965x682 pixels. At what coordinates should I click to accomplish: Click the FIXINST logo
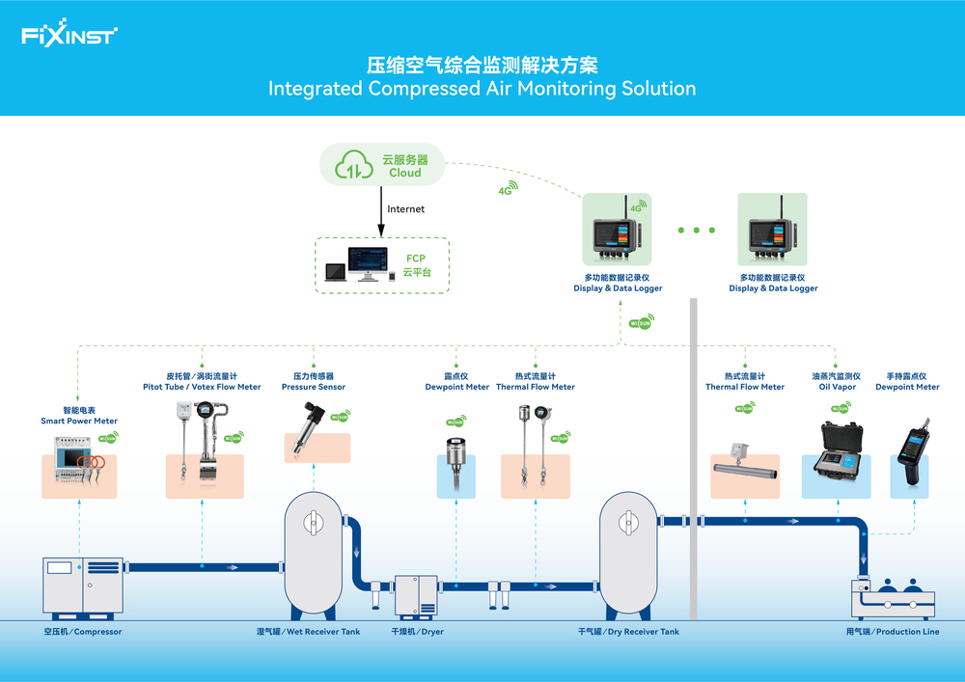pos(69,36)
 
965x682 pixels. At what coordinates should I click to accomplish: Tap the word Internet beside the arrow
pos(405,208)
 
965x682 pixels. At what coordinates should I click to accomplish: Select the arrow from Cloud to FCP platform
pos(381,214)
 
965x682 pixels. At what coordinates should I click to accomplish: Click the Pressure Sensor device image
pos(314,436)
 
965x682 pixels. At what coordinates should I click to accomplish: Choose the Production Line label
pos(892,632)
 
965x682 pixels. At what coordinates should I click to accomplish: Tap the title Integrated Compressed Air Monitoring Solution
pos(482,89)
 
